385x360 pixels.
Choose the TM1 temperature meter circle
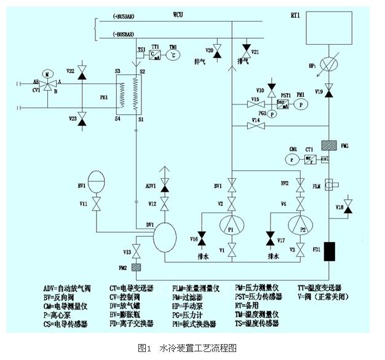[173, 55]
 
